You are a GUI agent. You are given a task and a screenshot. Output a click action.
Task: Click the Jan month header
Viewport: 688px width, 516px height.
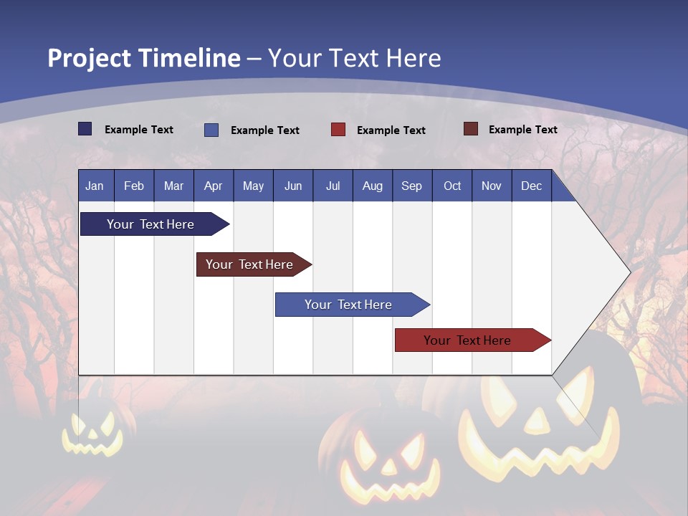tap(95, 186)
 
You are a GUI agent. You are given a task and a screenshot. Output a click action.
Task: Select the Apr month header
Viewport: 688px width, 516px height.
tap(213, 186)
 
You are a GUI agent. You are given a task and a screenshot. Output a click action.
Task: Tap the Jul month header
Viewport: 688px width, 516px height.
tap(333, 186)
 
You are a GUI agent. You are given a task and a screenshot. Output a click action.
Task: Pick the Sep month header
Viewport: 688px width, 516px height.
tap(411, 186)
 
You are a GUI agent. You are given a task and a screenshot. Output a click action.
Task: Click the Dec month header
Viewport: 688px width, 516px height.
tap(531, 186)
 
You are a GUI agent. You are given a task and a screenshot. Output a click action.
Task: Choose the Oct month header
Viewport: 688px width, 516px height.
tap(451, 186)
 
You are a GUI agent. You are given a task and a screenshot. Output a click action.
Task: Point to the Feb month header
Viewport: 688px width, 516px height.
tap(134, 186)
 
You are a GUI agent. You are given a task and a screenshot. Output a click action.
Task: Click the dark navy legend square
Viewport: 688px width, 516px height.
tap(85, 129)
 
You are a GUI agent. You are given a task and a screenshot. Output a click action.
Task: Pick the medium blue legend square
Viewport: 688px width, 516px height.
tap(211, 130)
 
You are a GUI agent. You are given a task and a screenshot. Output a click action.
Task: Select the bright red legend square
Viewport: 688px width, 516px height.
tap(338, 130)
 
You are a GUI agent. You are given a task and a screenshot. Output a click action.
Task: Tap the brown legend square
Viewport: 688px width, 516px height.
tap(470, 129)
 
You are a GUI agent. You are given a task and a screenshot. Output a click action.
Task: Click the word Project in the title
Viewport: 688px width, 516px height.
tap(90, 58)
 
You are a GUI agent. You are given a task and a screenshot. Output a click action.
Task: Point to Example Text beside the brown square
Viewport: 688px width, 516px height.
tap(522, 130)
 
